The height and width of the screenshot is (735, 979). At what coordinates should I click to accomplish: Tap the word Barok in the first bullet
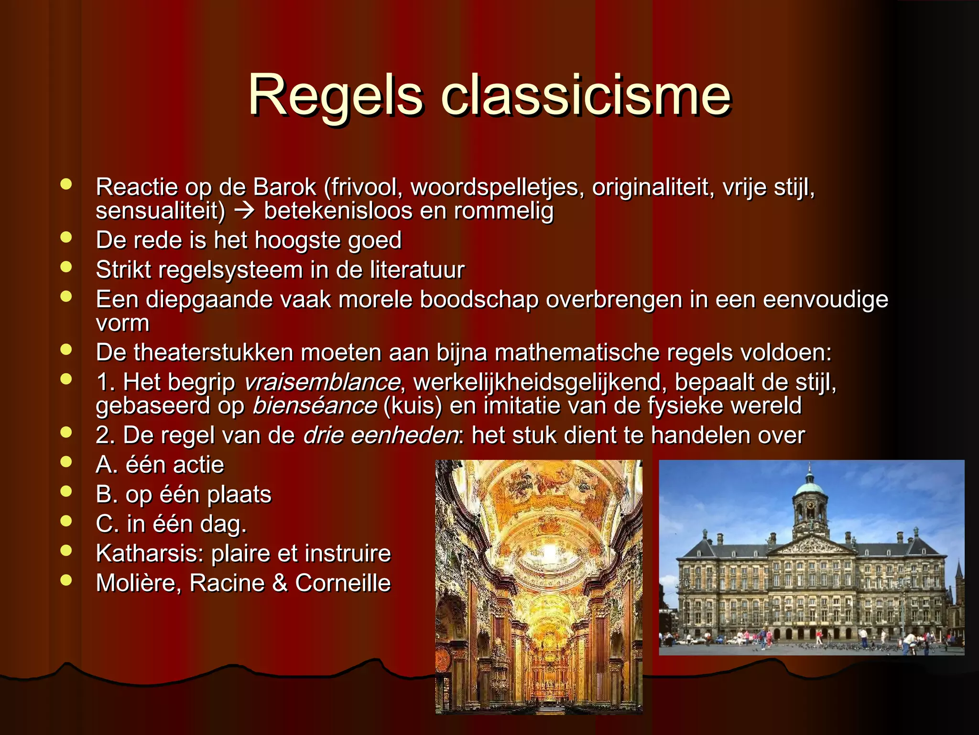(284, 187)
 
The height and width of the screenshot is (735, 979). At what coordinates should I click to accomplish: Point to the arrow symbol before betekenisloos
(244, 211)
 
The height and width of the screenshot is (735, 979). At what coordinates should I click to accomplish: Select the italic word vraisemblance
(322, 382)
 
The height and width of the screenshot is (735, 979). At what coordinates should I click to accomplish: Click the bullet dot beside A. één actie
(66, 462)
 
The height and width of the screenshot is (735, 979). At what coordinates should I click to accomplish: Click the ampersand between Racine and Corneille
(280, 583)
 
